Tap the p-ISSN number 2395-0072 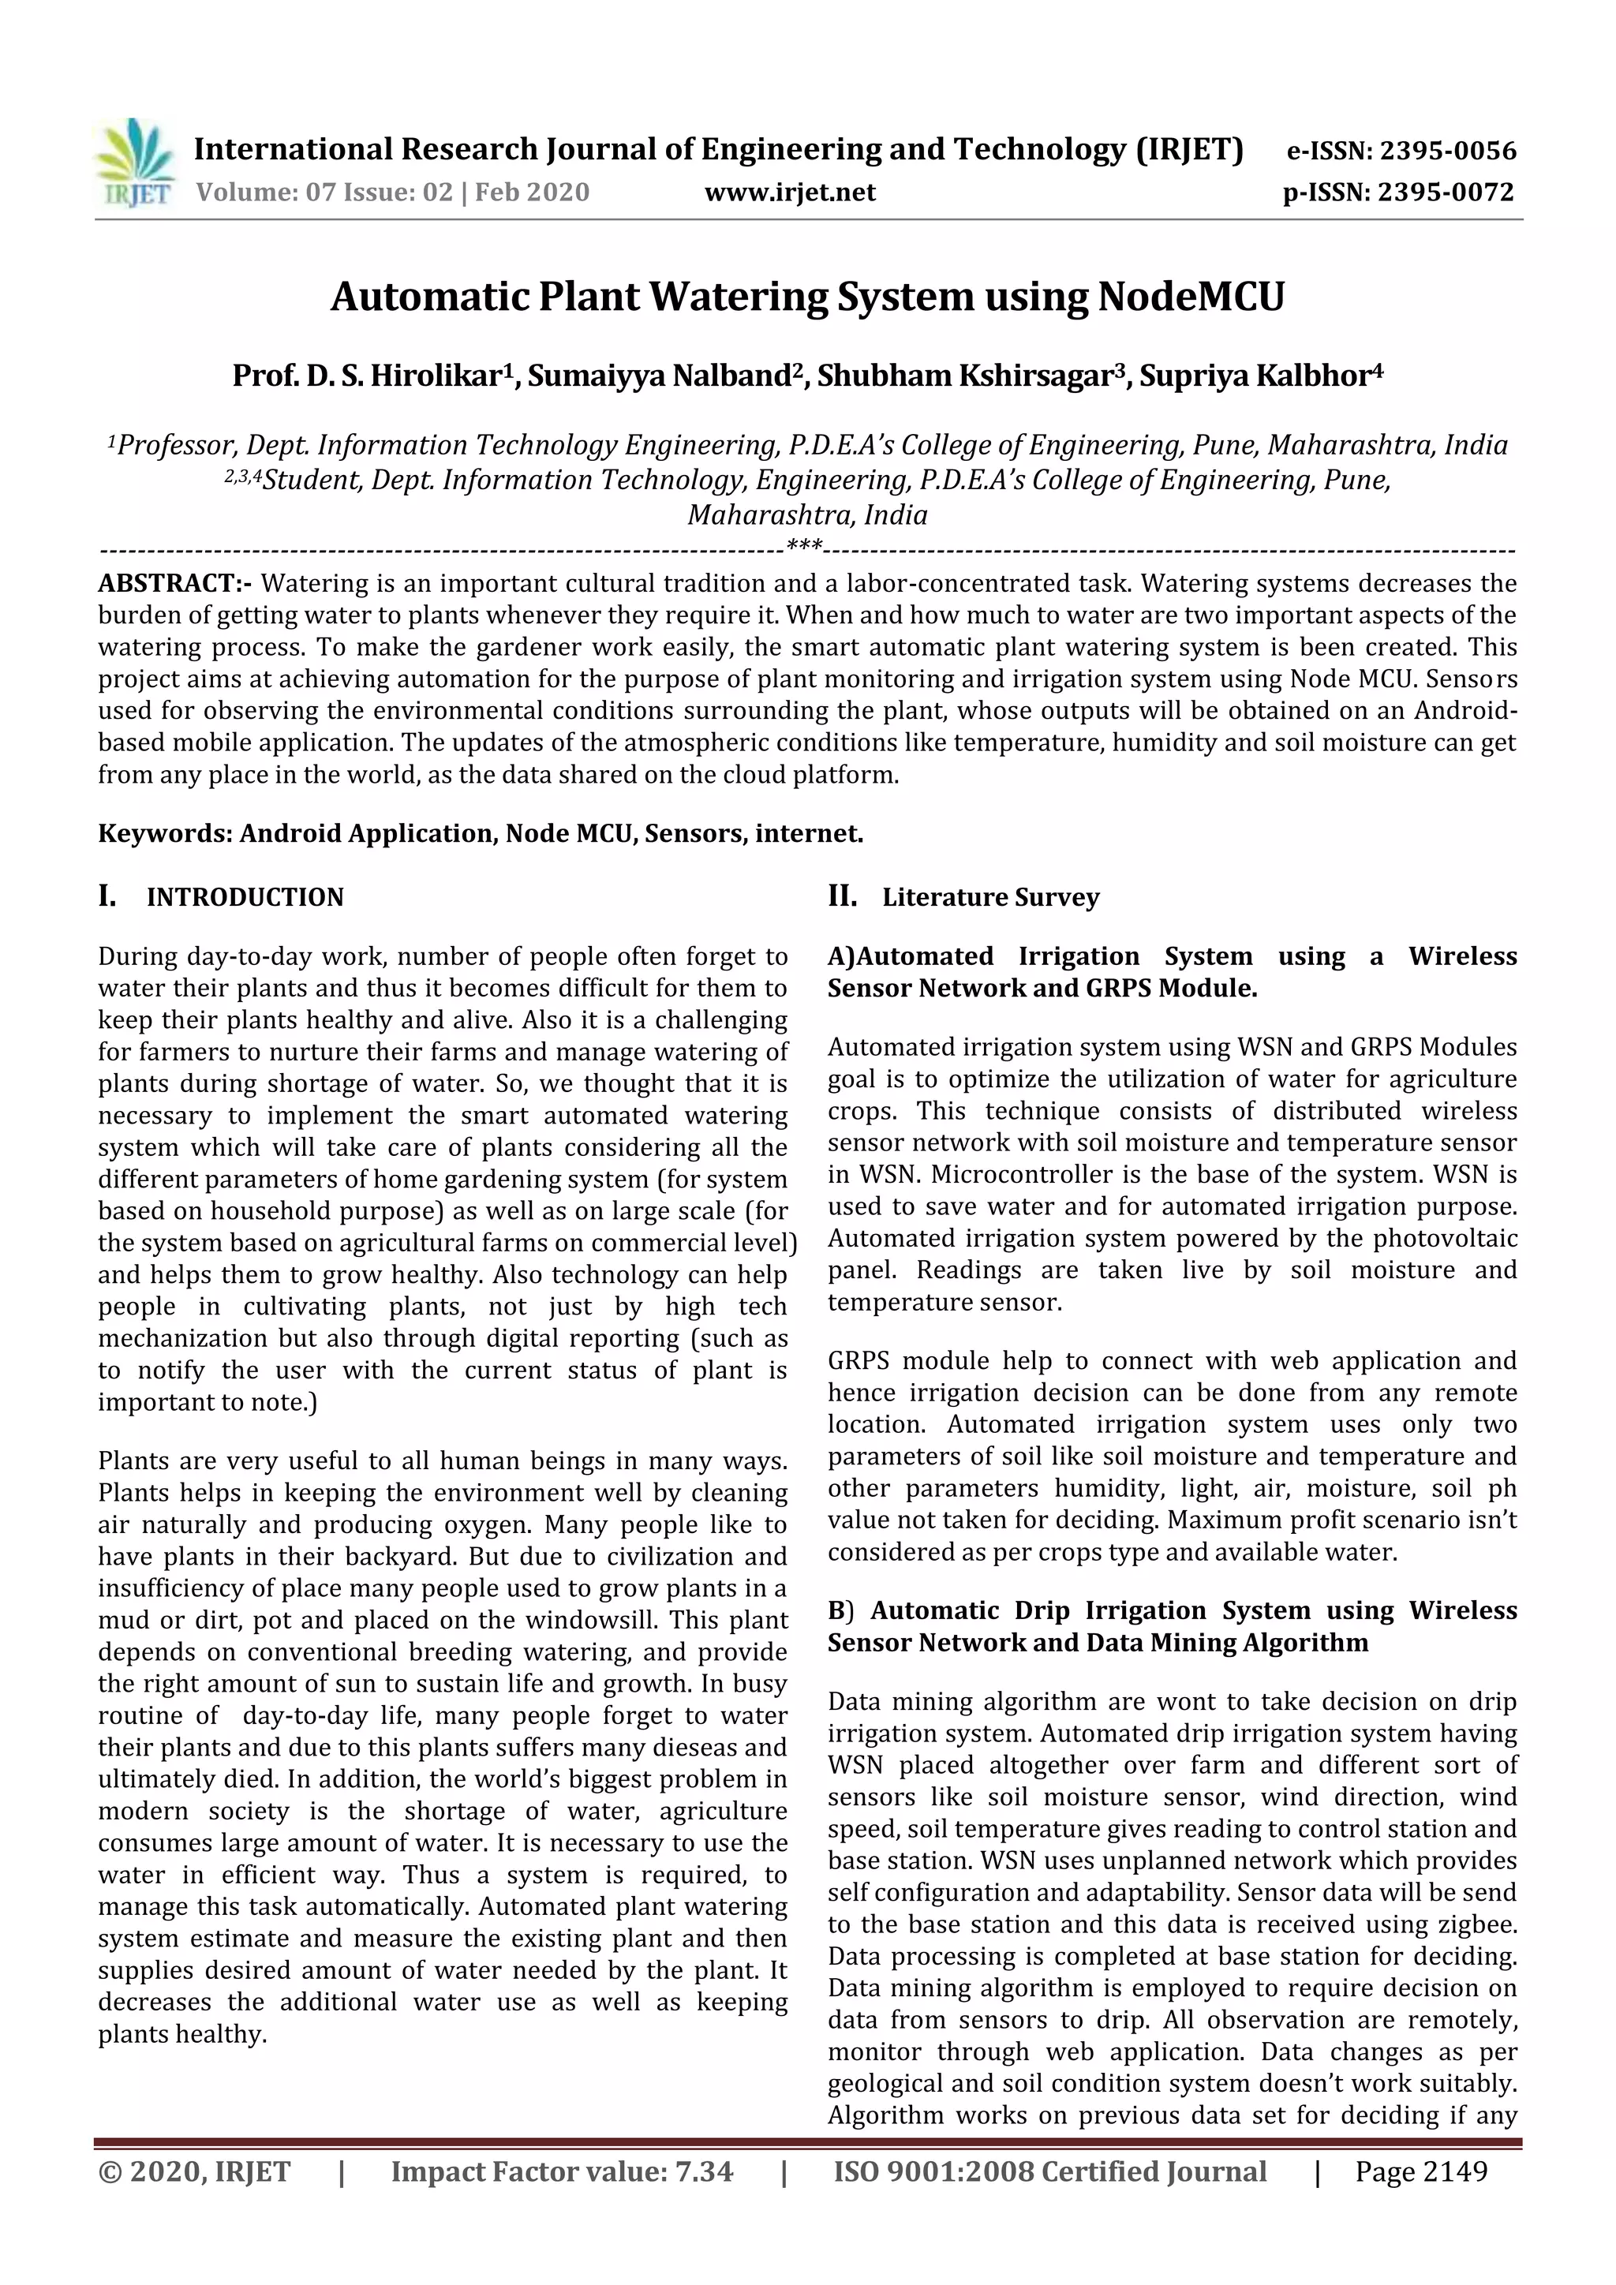1446,192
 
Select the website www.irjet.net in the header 790,192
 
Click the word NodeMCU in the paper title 1191,297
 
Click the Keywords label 164,834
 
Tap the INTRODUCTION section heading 245,898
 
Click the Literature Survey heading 990,898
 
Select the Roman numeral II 842,896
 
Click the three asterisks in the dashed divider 804,545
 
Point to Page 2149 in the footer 1421,2171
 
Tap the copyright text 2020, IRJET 195,2171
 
